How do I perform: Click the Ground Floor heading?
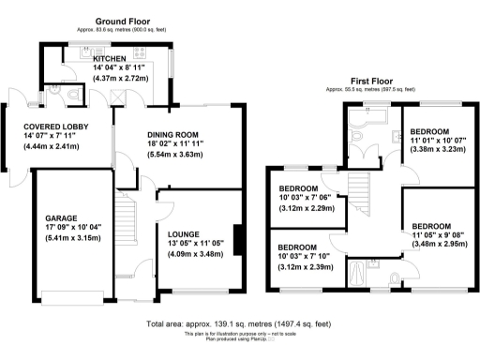(x=124, y=20)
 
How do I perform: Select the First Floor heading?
(x=371, y=82)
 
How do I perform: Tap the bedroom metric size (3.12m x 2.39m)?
(x=306, y=266)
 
